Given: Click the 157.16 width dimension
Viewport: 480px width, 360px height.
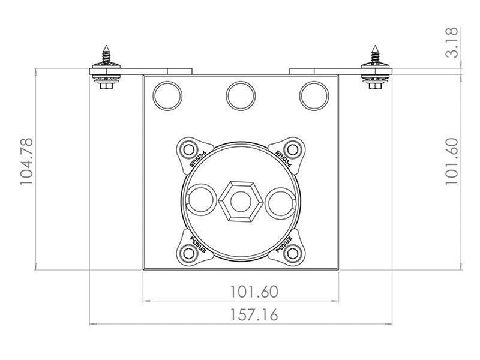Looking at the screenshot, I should point(254,314).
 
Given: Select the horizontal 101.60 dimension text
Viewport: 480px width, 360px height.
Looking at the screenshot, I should point(254,292).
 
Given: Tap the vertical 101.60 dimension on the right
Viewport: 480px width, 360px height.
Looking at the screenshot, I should point(452,161).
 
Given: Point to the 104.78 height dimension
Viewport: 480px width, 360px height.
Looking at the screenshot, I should point(28,161).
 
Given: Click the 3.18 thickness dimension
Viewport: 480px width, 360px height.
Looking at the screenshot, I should point(452,42).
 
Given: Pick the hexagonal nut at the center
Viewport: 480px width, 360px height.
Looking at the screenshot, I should point(241,200).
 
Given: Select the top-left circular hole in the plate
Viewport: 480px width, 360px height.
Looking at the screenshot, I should point(167,95).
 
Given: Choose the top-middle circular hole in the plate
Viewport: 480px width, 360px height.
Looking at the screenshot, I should point(241,95).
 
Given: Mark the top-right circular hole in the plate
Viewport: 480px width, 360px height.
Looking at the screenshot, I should point(314,95).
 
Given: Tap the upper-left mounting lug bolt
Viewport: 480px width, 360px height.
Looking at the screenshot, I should point(190,149).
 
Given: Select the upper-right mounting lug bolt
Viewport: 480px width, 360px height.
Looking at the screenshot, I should point(292,149).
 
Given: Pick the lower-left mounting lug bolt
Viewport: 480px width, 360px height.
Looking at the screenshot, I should point(190,253).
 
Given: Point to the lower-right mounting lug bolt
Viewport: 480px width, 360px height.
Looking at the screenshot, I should point(292,253).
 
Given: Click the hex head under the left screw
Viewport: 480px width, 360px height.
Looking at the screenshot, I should point(107,86).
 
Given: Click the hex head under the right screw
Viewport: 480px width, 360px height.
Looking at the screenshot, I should point(376,86).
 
